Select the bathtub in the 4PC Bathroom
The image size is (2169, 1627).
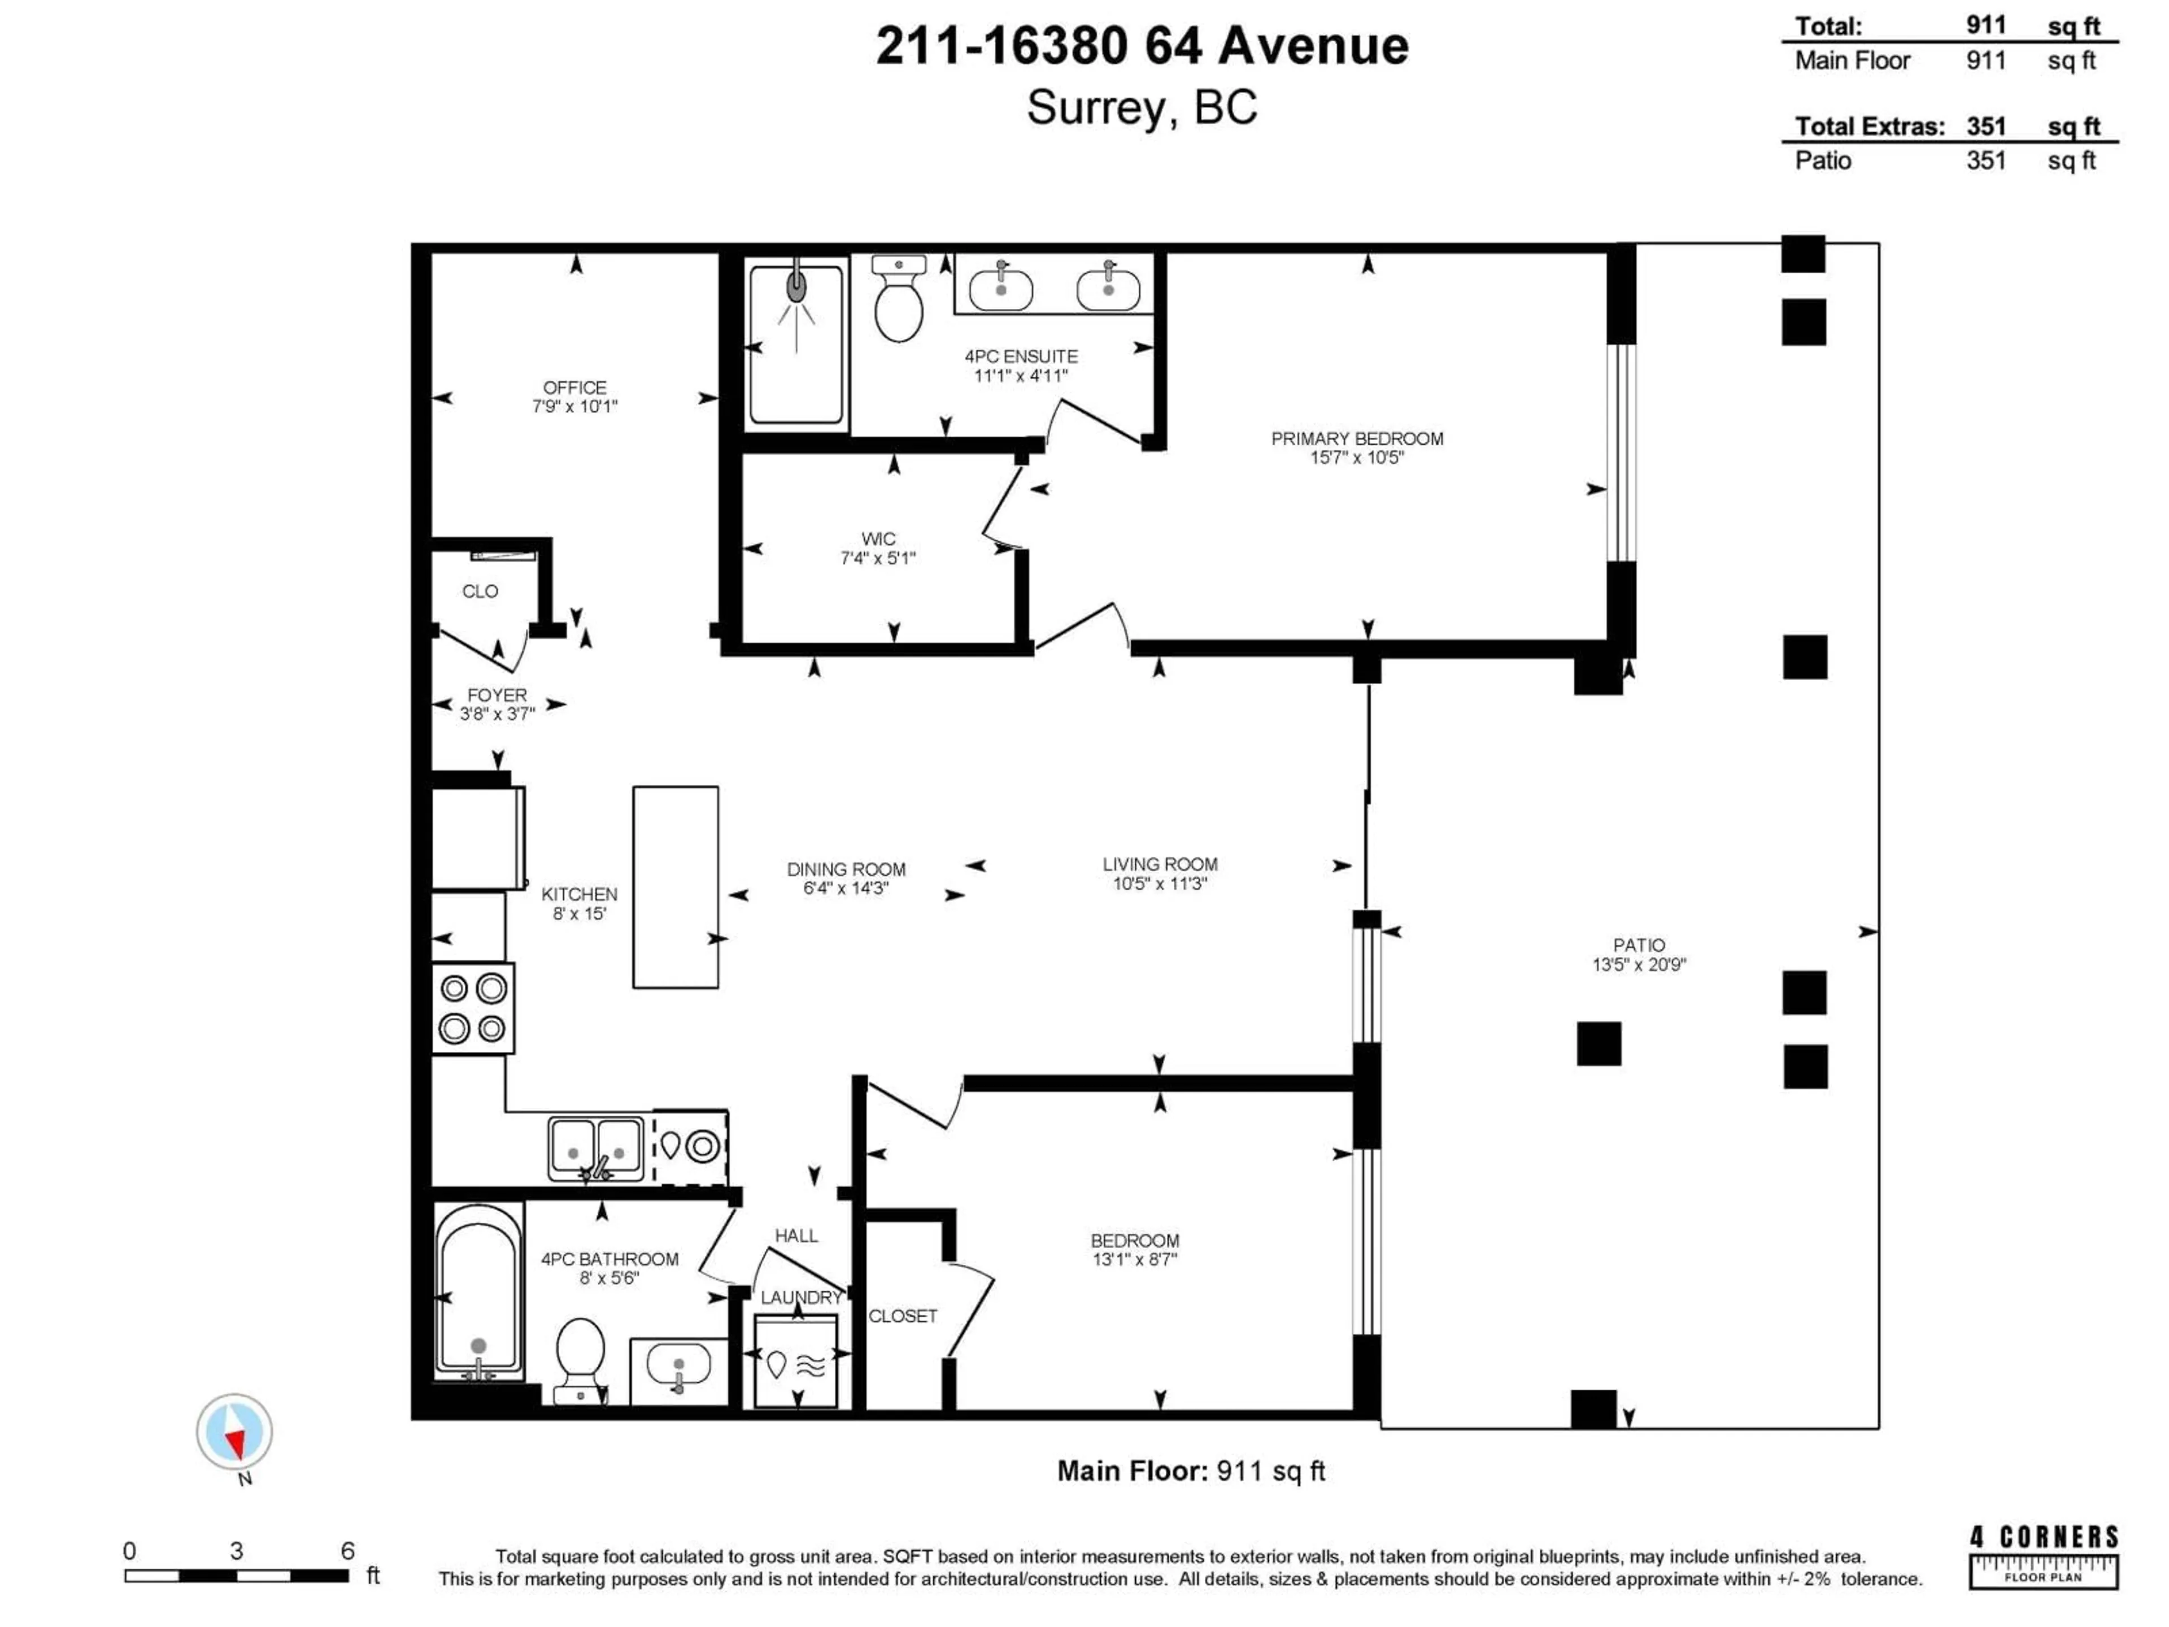coord(478,1293)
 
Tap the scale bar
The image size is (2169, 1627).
coord(236,1575)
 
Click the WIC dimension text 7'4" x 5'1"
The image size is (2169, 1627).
coord(878,558)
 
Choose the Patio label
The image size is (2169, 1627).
coord(1639,945)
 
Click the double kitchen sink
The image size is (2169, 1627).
coord(595,1147)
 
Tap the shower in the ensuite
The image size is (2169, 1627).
coord(796,343)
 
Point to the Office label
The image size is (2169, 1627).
coord(574,388)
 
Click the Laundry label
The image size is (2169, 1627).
coord(800,1298)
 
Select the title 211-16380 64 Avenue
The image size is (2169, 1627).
coord(1142,46)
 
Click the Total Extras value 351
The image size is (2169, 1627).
coord(1985,127)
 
